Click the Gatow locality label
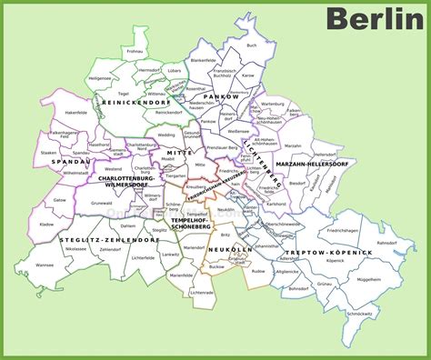point(60,198)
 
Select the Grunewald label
point(102,204)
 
